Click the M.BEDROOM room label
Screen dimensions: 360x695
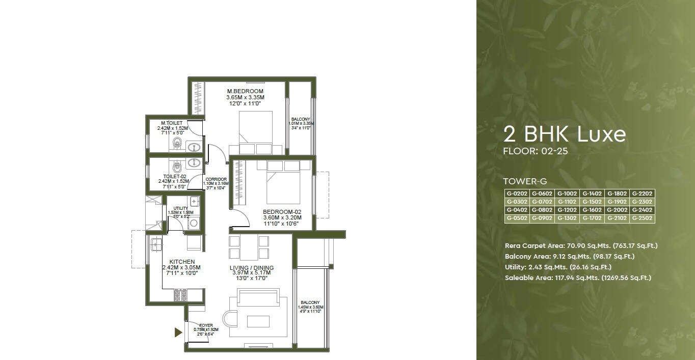click(245, 91)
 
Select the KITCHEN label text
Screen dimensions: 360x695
click(182, 261)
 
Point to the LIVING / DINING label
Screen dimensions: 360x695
click(252, 268)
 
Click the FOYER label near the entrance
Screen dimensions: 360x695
click(206, 325)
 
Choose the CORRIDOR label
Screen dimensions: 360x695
click(216, 179)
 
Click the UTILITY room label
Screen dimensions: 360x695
click(180, 208)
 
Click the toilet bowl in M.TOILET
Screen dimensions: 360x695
click(177, 144)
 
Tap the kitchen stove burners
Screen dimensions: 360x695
click(180, 295)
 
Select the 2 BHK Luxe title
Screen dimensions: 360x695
click(564, 134)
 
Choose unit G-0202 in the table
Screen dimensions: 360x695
click(516, 193)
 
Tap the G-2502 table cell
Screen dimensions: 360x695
click(642, 218)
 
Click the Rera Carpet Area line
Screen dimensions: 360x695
click(581, 245)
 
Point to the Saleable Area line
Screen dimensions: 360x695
click(578, 278)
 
